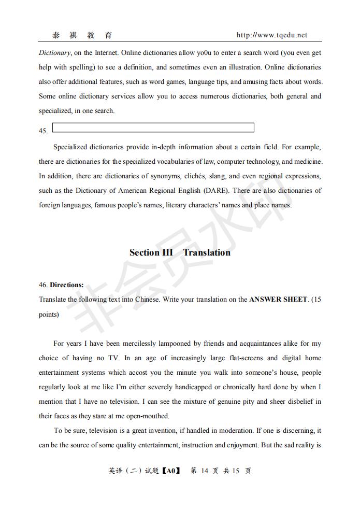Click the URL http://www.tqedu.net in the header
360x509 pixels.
point(271,35)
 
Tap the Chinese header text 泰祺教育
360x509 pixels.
point(82,35)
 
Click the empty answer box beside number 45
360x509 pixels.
point(153,128)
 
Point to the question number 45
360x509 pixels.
point(43,131)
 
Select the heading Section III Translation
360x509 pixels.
point(180,252)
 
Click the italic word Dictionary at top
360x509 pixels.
point(54,53)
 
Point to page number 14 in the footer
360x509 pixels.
point(204,471)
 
